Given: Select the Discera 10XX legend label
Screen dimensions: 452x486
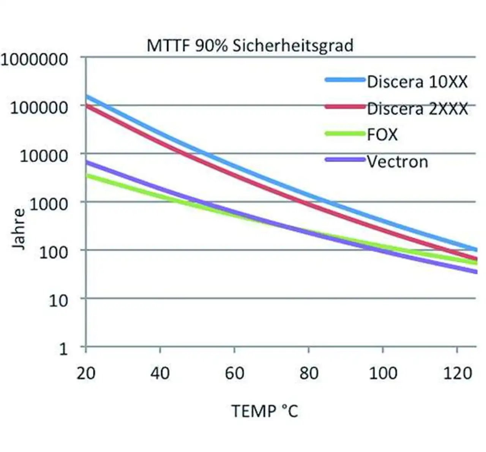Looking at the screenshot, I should pyautogui.click(x=417, y=82).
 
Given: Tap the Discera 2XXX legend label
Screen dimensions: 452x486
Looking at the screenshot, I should pyautogui.click(x=417, y=109).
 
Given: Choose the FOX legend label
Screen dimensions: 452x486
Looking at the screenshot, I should pyautogui.click(x=382, y=135).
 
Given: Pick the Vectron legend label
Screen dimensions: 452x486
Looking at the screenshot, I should pyautogui.click(x=397, y=162).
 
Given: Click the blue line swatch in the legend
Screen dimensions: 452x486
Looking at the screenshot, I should pyautogui.click(x=345, y=80).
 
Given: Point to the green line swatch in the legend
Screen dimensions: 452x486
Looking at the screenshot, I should pyautogui.click(x=345, y=133).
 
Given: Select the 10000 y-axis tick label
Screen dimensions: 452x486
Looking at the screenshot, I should pyautogui.click(x=44, y=156).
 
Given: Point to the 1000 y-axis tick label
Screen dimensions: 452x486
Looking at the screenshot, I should pyautogui.click(x=49, y=204).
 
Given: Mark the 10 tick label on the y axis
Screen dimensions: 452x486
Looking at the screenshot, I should pyautogui.click(x=58, y=301).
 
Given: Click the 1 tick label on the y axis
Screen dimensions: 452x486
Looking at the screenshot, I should pyautogui.click(x=63, y=349).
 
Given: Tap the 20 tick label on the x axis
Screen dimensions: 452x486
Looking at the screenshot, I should pyautogui.click(x=86, y=373).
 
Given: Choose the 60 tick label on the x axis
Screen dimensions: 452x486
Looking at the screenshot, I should pyautogui.click(x=234, y=373).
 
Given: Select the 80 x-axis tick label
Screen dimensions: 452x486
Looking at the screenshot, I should pyautogui.click(x=309, y=373).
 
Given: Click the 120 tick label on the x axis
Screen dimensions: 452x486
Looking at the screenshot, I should pyautogui.click(x=458, y=373).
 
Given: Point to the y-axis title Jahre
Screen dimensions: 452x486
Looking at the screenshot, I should pyautogui.click(x=18, y=229).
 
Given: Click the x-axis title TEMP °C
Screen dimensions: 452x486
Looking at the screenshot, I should pyautogui.click(x=265, y=411).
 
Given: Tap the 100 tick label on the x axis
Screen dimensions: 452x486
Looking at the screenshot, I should pyautogui.click(x=383, y=373).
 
